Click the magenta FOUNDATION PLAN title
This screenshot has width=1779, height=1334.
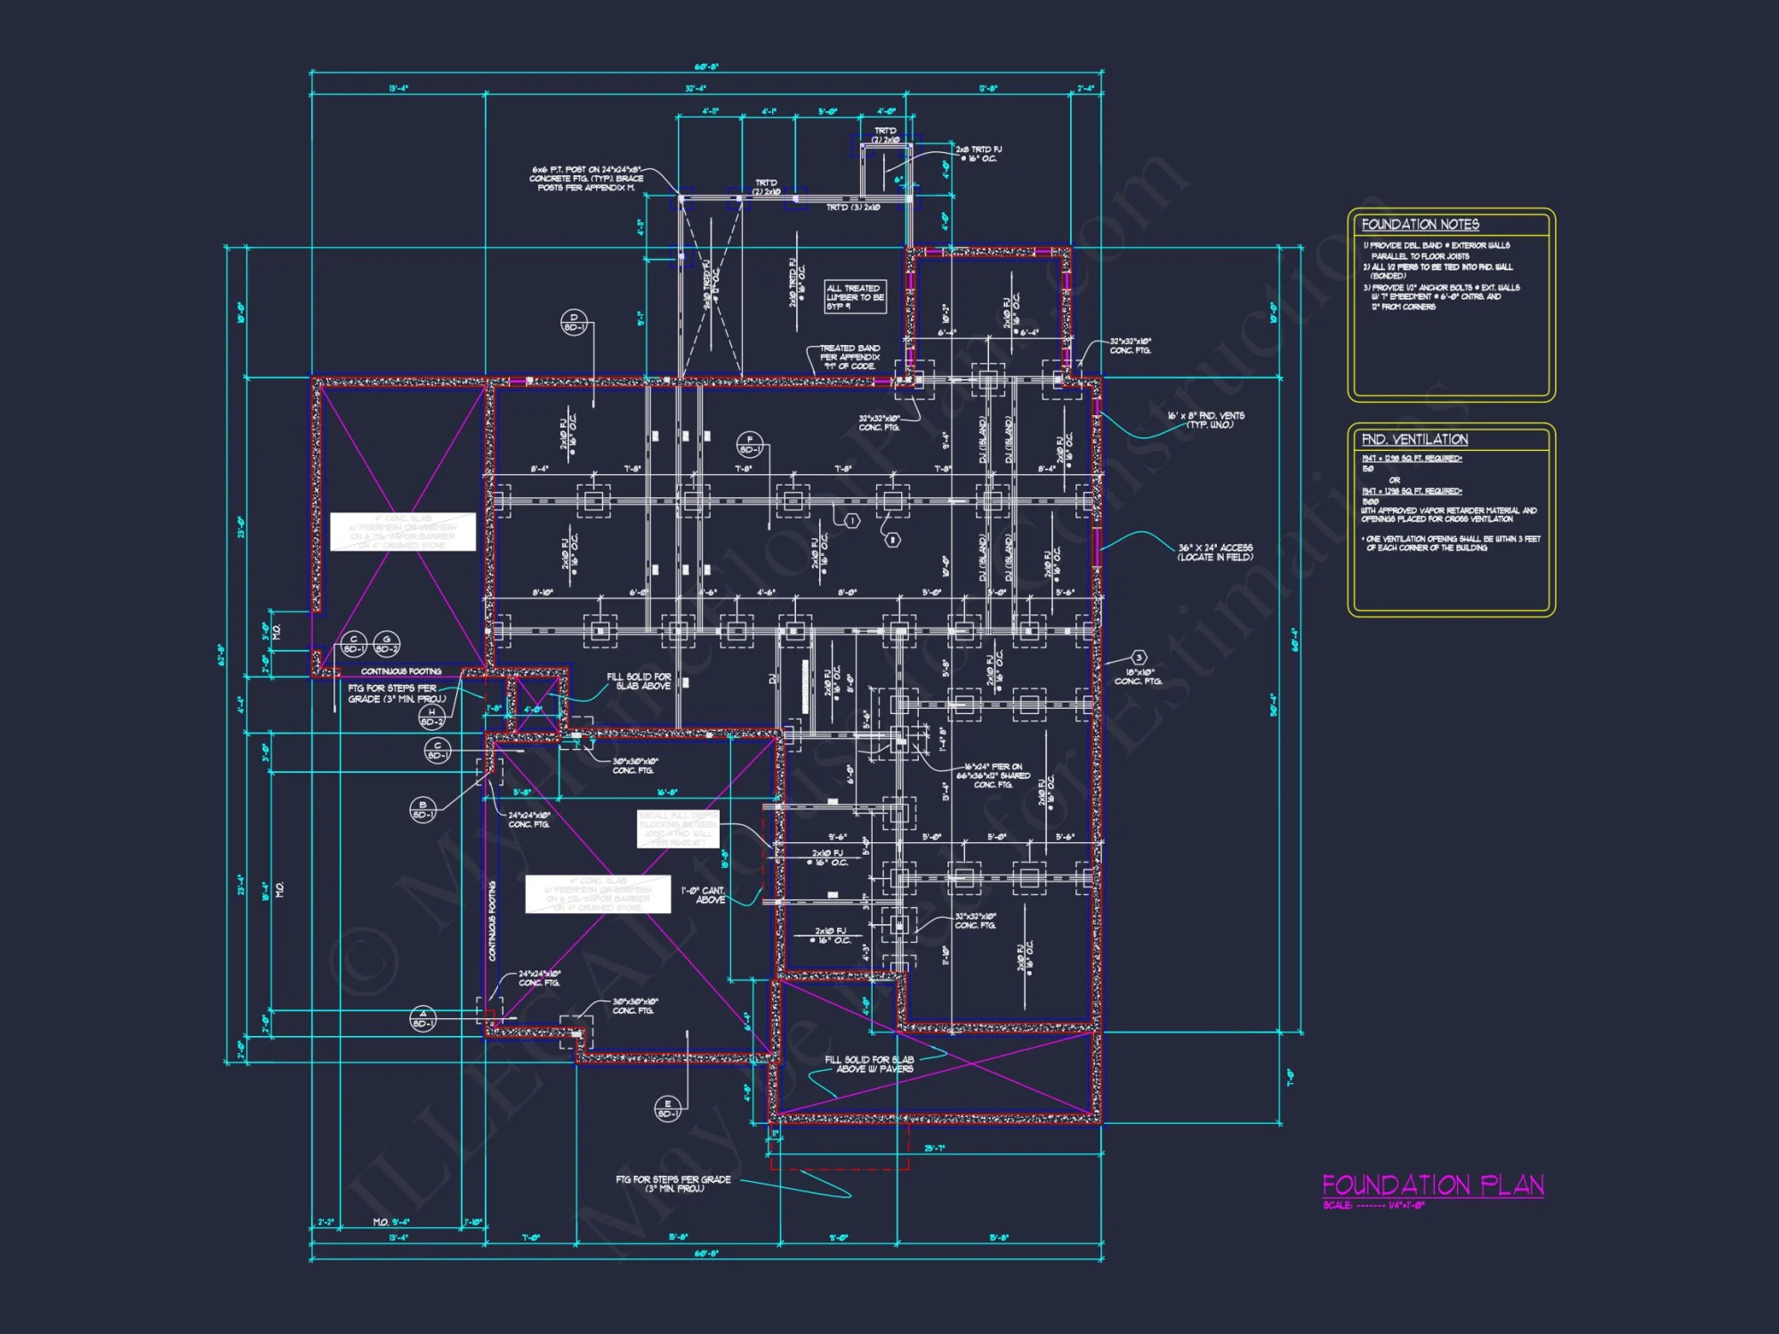click(1432, 1185)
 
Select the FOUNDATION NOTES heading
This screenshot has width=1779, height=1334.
click(1420, 225)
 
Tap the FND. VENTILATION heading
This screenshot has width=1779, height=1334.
click(1414, 439)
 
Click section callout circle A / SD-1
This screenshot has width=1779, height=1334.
click(423, 1018)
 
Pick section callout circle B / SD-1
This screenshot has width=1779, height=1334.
click(423, 809)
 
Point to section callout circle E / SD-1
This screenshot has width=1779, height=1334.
click(667, 1108)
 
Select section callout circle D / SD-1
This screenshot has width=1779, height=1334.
click(574, 322)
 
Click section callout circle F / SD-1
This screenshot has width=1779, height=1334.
click(750, 444)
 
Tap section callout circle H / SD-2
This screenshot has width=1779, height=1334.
click(432, 717)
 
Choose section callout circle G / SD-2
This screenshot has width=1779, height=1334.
click(387, 643)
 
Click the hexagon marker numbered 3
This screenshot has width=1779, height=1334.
click(1139, 658)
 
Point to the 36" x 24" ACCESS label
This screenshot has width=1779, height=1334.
click(1215, 552)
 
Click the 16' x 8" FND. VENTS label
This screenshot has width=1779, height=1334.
click(1205, 420)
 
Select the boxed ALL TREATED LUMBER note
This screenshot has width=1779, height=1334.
click(855, 297)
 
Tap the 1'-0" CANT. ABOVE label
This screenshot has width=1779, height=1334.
click(704, 895)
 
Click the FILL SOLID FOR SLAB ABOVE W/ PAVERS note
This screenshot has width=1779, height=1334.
click(869, 1064)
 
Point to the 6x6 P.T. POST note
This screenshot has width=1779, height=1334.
click(587, 178)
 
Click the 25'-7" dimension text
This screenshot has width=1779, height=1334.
click(934, 1148)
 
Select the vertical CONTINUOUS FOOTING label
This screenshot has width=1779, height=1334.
click(492, 920)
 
